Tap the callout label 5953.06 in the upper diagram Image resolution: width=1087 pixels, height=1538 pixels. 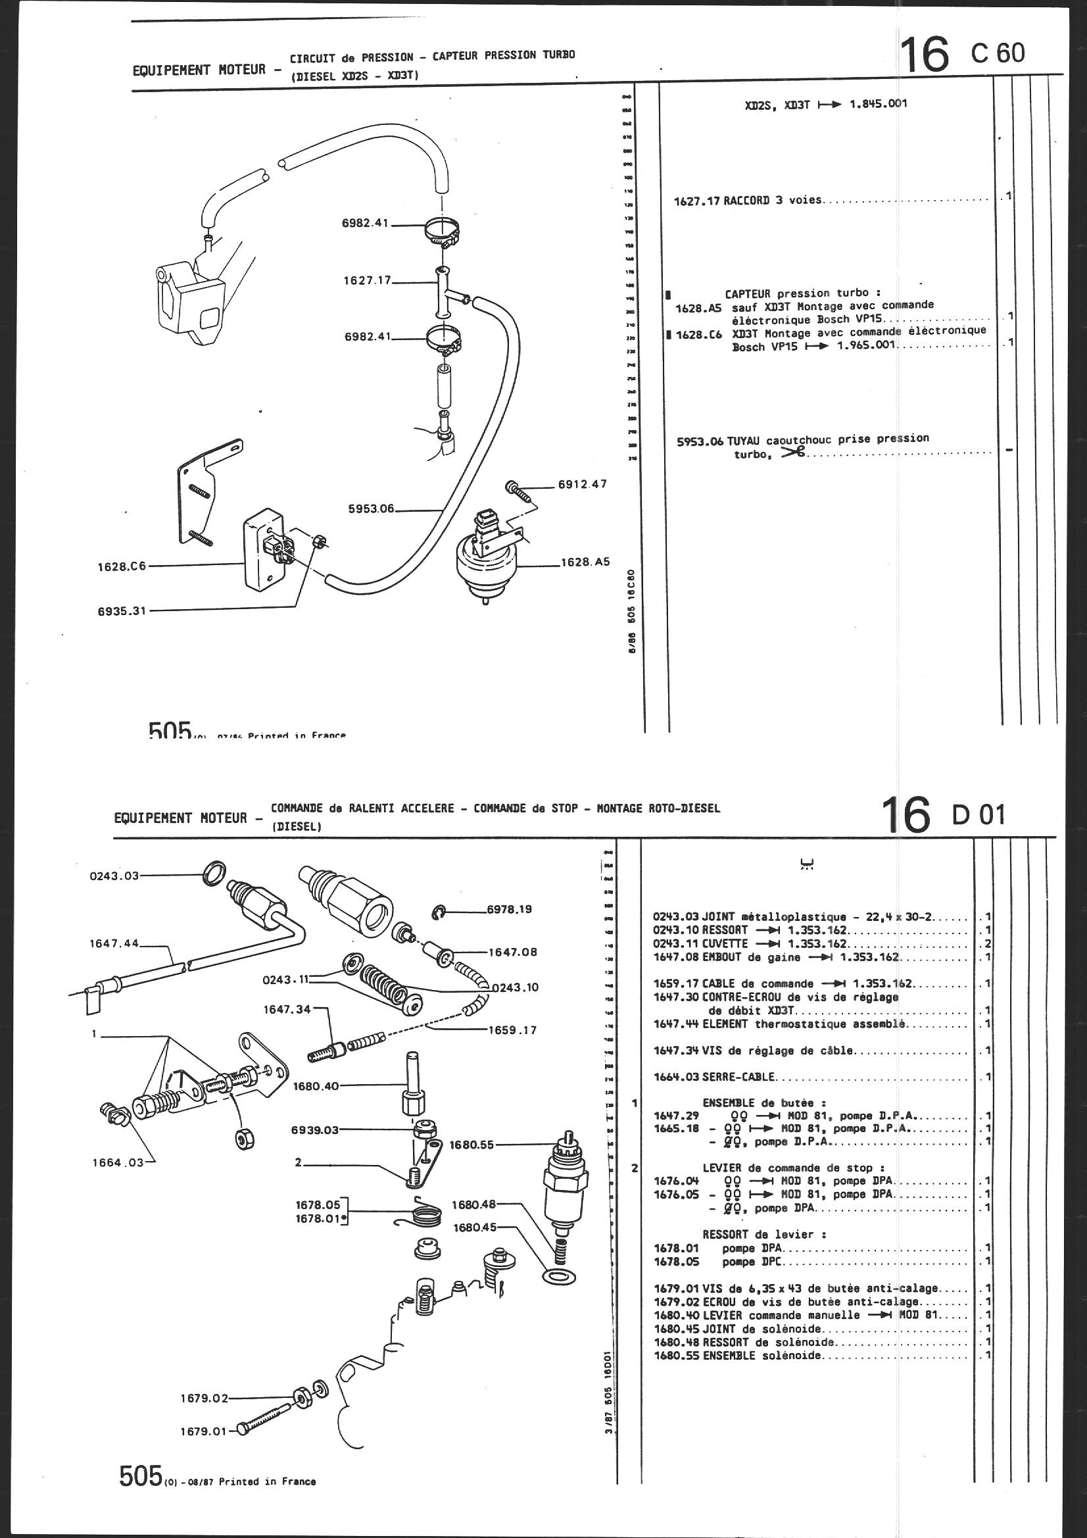coord(371,509)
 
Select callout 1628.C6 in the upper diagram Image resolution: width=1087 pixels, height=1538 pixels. coord(117,566)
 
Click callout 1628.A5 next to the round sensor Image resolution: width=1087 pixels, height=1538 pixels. coord(586,562)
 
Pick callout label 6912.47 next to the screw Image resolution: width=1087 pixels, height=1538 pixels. coord(582,484)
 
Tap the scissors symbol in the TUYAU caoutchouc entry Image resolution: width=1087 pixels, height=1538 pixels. coord(794,453)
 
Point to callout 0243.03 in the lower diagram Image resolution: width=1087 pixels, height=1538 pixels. coord(114,876)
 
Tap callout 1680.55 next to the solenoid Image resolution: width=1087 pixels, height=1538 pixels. coord(471,1145)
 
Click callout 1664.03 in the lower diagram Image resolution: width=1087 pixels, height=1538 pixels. coord(118,1162)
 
